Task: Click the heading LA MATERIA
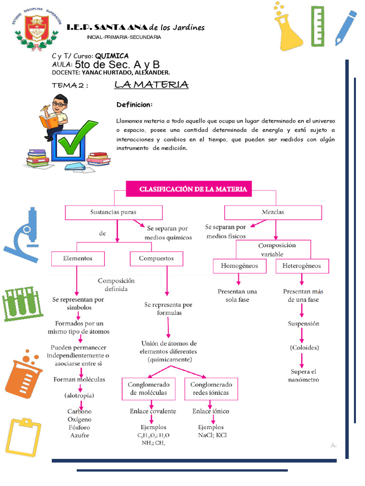pyautogui.click(x=151, y=85)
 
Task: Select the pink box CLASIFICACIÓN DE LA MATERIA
pyautogui.click(x=193, y=189)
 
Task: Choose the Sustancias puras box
pyautogui.click(x=113, y=212)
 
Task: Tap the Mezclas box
pyautogui.click(x=273, y=212)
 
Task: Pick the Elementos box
pyautogui.click(x=77, y=259)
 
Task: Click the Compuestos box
pyautogui.click(x=156, y=259)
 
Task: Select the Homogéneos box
pyautogui.click(x=240, y=266)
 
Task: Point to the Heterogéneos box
pyautogui.click(x=302, y=266)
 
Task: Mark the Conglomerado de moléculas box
pyautogui.click(x=148, y=389)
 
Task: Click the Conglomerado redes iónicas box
pyautogui.click(x=211, y=389)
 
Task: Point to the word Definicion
pyautogui.click(x=134, y=104)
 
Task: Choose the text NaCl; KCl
pyautogui.click(x=212, y=435)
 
